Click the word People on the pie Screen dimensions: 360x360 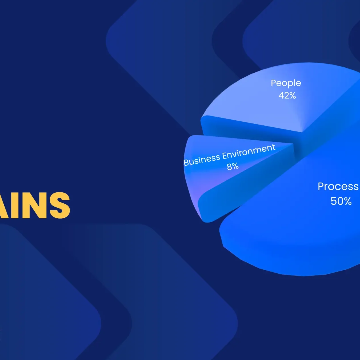pyautogui.click(x=286, y=83)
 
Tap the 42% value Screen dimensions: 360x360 pyautogui.click(x=287, y=95)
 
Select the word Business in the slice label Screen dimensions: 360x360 pyautogui.click(x=202, y=160)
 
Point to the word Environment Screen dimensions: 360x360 pyautogui.click(x=249, y=151)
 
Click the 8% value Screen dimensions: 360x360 pyautogui.click(x=233, y=166)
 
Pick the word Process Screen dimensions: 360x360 pyautogui.click(x=338, y=187)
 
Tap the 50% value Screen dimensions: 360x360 pyautogui.click(x=341, y=201)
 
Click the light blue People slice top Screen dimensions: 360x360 pyautogui.click(x=257, y=103)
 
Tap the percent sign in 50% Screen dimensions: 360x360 pyautogui.click(x=347, y=201)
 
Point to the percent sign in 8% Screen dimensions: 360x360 pyautogui.click(x=235, y=166)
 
